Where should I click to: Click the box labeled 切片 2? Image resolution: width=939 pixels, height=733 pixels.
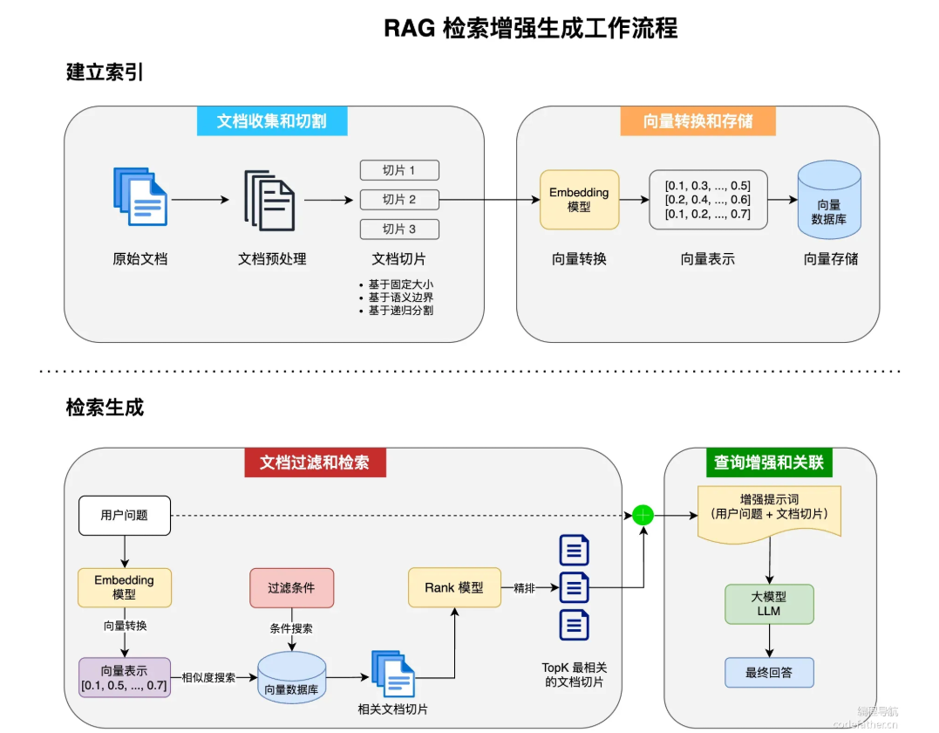(399, 200)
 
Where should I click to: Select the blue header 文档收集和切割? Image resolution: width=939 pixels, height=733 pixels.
(272, 121)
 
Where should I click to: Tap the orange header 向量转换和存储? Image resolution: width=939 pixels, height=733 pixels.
(697, 121)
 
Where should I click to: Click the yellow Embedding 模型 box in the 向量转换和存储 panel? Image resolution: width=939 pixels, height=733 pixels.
(579, 200)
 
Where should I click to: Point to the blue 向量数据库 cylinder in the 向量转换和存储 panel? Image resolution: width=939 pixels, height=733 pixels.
(829, 200)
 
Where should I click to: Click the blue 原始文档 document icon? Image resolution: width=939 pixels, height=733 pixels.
(140, 196)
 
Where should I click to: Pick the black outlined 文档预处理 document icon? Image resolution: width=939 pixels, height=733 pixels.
(269, 200)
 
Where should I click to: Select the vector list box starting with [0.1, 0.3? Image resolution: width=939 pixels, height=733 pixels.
(708, 200)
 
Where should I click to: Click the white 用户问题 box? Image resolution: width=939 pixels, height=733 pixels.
(125, 516)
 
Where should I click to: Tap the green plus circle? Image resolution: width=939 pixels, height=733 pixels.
(643, 515)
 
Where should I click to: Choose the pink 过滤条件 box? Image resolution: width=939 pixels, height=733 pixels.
(292, 588)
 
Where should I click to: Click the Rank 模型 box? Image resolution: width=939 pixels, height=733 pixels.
(454, 587)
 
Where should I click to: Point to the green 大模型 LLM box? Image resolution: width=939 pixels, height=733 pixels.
(769, 604)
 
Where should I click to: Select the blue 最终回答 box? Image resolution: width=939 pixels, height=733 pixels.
(769, 673)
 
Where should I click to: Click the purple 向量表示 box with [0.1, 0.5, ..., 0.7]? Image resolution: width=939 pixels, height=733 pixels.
(125, 677)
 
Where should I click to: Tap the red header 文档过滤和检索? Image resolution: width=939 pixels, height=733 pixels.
(315, 462)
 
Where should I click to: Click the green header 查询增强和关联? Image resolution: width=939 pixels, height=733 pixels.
(769, 462)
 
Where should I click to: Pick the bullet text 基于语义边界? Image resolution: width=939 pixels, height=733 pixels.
(401, 298)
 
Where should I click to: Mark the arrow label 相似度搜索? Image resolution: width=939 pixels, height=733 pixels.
(208, 677)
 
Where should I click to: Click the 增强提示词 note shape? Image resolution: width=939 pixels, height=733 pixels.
(770, 512)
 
